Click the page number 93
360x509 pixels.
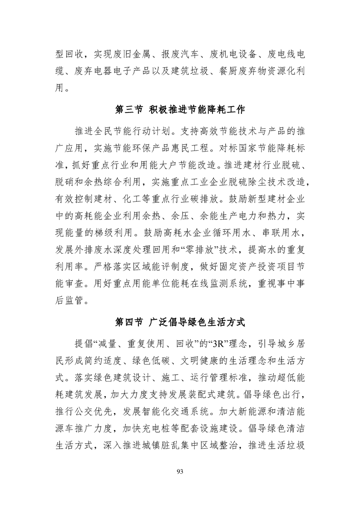point(180,472)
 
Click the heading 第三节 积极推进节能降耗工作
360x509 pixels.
point(180,110)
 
